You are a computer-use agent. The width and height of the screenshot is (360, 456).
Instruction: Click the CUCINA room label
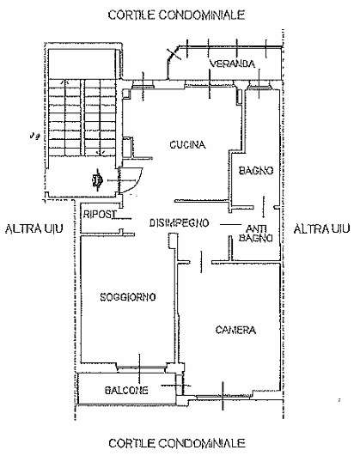click(x=187, y=145)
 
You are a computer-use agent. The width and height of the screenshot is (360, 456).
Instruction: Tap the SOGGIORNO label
click(x=128, y=297)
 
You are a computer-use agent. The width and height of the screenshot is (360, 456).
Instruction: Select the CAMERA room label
click(x=235, y=330)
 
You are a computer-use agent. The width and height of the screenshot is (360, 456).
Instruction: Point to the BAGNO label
click(x=256, y=170)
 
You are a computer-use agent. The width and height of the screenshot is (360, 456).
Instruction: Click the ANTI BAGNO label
click(x=256, y=234)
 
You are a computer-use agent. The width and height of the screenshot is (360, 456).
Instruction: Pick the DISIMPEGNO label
click(x=180, y=223)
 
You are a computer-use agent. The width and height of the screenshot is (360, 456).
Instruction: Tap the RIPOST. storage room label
click(x=100, y=215)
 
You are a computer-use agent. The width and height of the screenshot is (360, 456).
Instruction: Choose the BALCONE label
click(x=126, y=390)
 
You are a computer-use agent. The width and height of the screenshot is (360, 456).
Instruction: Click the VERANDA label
click(x=232, y=64)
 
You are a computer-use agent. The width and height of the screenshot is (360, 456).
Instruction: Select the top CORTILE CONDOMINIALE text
click(x=176, y=15)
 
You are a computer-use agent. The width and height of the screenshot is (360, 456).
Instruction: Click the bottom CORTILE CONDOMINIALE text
click(x=177, y=443)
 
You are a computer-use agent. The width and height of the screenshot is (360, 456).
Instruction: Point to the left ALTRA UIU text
click(x=34, y=229)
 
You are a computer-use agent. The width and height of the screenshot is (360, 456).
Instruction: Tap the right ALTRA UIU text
click(x=321, y=229)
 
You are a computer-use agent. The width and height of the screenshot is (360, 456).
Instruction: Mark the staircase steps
click(x=82, y=117)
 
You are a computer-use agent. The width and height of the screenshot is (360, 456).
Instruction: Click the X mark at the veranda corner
click(x=174, y=54)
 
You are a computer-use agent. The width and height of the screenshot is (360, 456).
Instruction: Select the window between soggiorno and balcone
click(x=141, y=368)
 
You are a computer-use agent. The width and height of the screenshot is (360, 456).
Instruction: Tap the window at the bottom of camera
click(x=223, y=396)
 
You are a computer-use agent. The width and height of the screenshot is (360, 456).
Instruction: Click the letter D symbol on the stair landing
click(x=97, y=181)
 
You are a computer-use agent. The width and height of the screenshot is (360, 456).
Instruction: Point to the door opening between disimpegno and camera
click(x=201, y=262)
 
